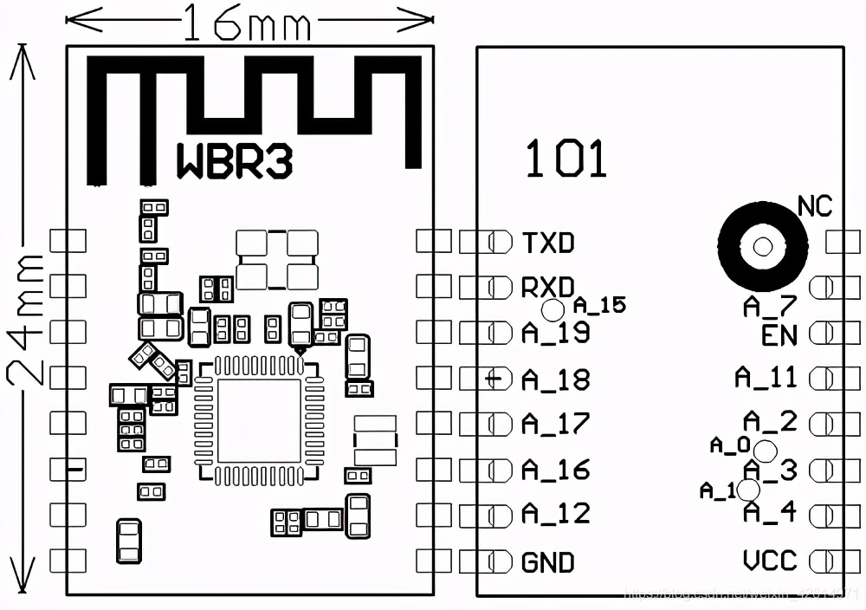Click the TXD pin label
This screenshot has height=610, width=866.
click(x=548, y=243)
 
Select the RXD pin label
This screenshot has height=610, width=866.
click(x=548, y=288)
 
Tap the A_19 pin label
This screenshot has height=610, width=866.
click(x=555, y=333)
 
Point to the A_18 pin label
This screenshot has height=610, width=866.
click(x=555, y=380)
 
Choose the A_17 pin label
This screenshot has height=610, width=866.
click(x=555, y=424)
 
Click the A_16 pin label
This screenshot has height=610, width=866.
click(x=555, y=470)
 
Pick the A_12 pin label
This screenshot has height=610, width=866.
click(x=555, y=514)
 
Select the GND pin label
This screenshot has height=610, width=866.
click(x=548, y=562)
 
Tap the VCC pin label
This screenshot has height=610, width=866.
click(x=770, y=561)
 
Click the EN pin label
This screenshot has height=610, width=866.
click(x=779, y=335)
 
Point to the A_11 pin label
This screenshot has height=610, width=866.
click(x=766, y=377)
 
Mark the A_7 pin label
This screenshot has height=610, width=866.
click(x=769, y=307)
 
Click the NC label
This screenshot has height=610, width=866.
click(x=814, y=206)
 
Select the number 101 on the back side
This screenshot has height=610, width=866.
click(x=566, y=159)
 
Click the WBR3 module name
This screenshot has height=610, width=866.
click(x=235, y=161)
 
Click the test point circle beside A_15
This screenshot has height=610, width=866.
click(x=552, y=309)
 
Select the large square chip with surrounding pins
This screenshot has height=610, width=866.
click(x=259, y=420)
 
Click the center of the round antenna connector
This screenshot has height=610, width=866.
click(x=763, y=247)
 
